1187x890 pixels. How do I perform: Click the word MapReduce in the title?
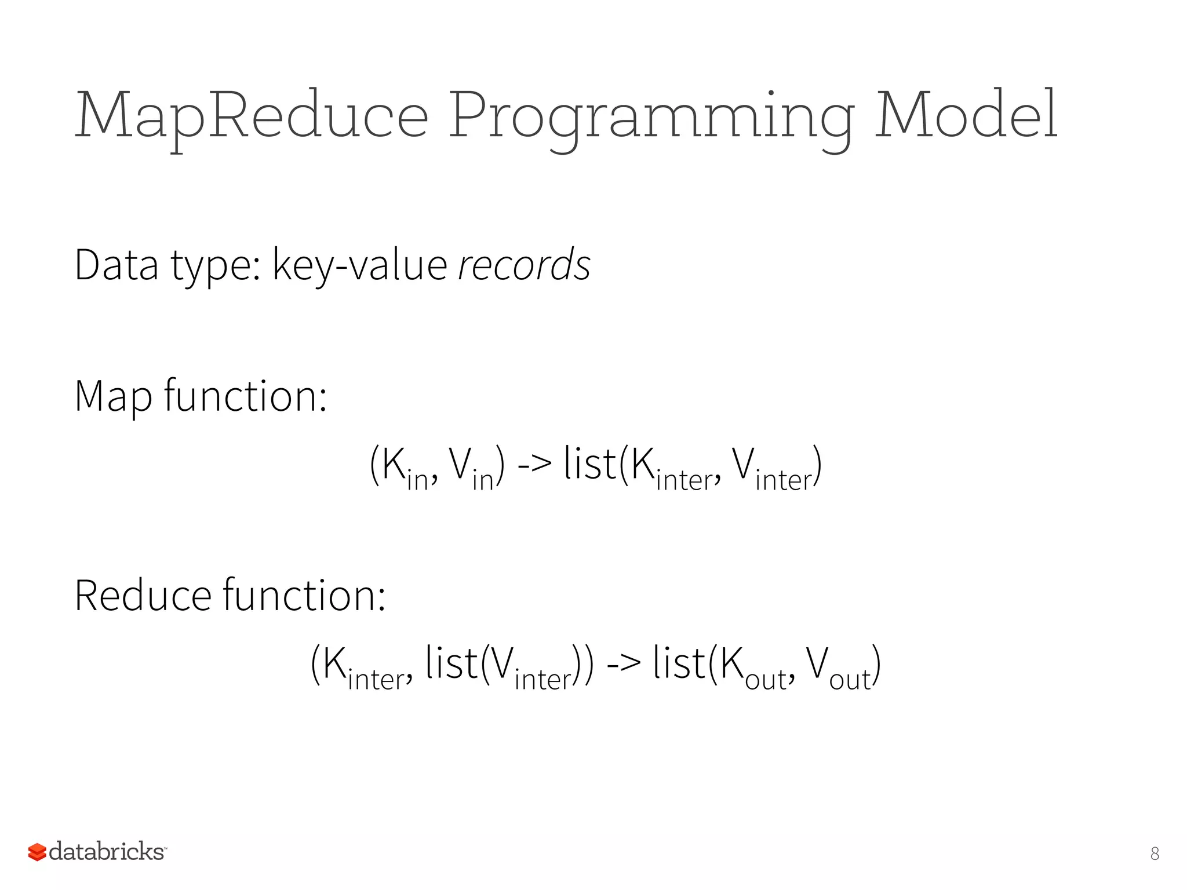(252, 116)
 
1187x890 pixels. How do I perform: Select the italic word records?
(524, 265)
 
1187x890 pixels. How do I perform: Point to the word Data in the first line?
(116, 265)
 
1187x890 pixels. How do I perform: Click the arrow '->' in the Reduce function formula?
(624, 664)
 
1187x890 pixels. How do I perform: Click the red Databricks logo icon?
(37, 852)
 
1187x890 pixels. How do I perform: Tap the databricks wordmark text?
(107, 852)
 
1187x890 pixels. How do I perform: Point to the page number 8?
(1155, 853)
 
